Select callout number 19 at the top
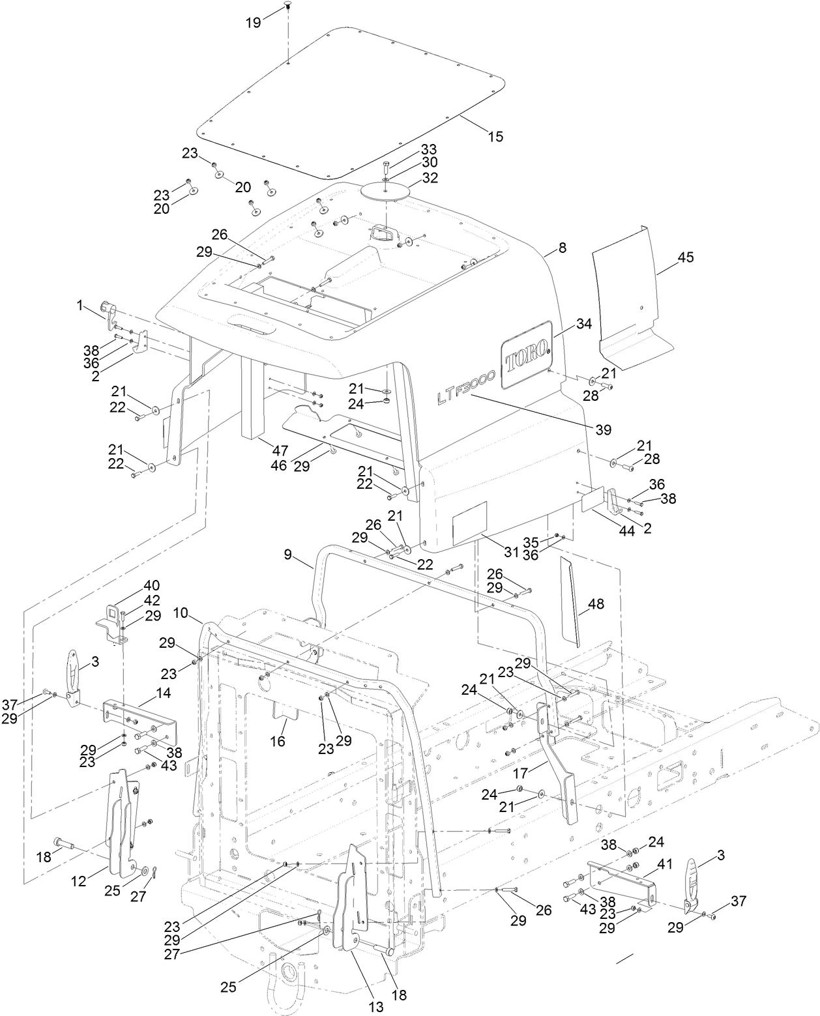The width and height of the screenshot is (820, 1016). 254,23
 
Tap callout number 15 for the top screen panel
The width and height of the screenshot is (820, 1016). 495,136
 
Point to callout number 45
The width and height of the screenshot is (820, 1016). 685,257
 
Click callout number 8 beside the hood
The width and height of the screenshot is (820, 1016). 563,248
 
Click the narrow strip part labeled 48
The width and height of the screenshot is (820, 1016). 570,600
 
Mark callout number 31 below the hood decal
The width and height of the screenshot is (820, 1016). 512,551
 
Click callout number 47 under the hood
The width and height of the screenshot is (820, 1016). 280,450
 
